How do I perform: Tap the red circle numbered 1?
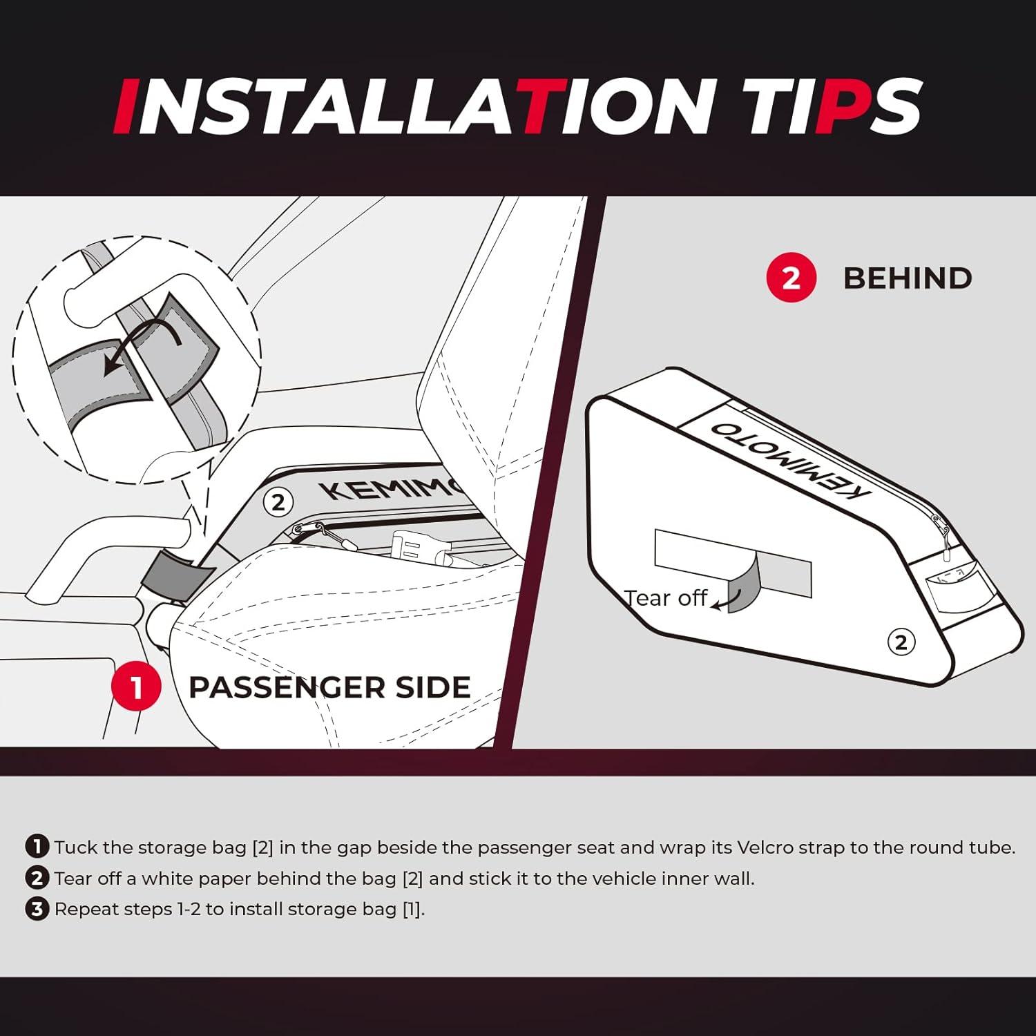coord(136,687)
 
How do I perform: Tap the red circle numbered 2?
coord(792,278)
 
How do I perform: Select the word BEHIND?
coord(908,278)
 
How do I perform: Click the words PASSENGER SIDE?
coord(329,687)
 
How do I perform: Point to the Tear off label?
coord(666,598)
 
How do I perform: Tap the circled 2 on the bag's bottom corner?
coord(901,642)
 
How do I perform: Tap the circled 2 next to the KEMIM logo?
coord(278,502)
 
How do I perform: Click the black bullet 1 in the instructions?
coord(37,846)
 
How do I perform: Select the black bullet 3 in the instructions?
coord(37,908)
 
